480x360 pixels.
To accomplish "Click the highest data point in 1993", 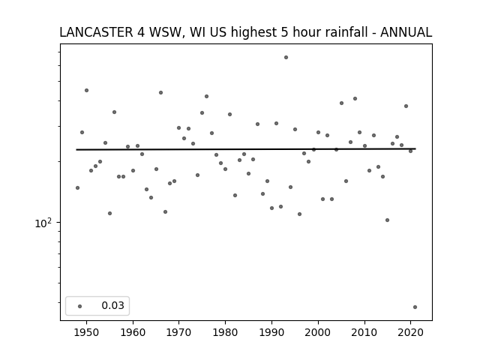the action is tap(286, 57).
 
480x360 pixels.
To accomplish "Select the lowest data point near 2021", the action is tap(415, 307).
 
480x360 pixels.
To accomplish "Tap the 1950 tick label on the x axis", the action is tap(87, 332).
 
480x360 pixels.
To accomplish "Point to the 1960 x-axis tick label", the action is tap(133, 332).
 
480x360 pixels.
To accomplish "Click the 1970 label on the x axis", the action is tap(179, 332).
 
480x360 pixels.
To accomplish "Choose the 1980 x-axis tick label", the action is tap(225, 332).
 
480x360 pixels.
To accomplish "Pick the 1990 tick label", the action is tap(271, 332).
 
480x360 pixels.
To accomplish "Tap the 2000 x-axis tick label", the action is tap(318, 332).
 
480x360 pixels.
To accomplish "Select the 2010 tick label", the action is tap(364, 332).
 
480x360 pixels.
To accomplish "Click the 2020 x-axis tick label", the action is tap(411, 332).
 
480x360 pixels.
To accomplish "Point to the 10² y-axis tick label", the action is tap(43, 223).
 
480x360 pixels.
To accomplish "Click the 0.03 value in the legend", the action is tap(113, 305).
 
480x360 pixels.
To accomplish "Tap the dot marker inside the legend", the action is tap(80, 306).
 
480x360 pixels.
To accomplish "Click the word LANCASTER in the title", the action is tap(97, 32).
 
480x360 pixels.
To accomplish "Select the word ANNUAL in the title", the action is tap(406, 32).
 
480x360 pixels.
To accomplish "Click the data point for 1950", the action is tap(87, 90).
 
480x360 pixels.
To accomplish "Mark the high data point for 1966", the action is tap(160, 92).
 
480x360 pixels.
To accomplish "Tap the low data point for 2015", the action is tap(387, 220).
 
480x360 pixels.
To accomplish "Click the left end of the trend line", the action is tap(76, 150).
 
